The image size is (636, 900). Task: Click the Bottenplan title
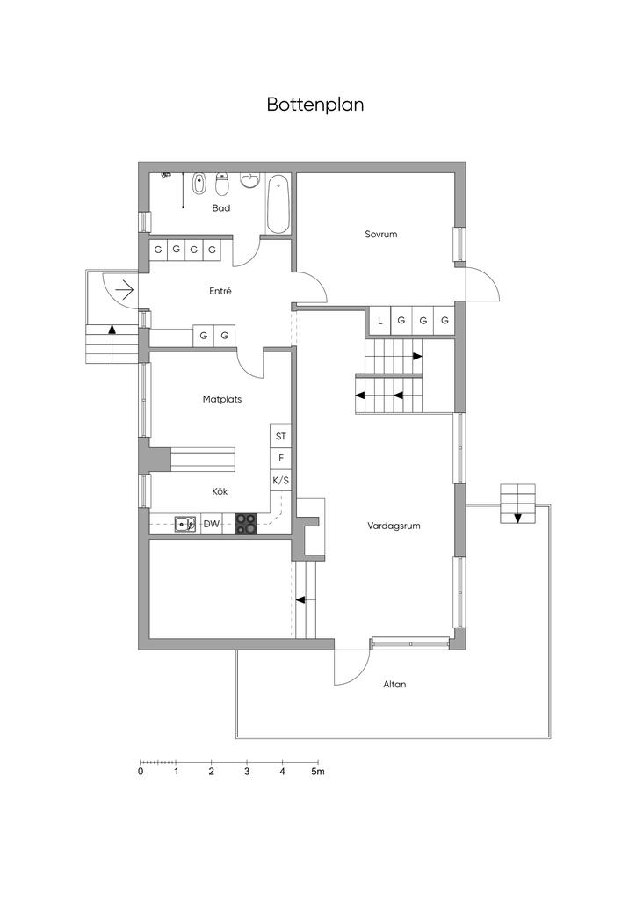coord(314,105)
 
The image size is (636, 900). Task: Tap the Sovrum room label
coord(380,234)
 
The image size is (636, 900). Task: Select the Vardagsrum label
coord(394,526)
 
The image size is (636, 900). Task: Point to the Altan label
coord(394,684)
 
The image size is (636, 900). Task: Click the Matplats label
coord(222,399)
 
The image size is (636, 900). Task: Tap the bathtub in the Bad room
coord(278,204)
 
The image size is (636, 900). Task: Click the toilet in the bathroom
coord(222,184)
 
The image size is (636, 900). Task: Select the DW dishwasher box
coord(212,524)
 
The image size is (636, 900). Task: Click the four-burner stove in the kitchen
coord(247,524)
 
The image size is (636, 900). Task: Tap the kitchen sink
coord(185,524)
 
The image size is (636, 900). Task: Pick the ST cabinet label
coord(280,436)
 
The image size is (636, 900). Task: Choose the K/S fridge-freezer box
coord(280,481)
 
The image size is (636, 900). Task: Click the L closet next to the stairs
coord(379,321)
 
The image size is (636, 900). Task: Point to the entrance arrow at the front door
coord(125,290)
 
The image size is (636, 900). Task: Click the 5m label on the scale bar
coord(318,772)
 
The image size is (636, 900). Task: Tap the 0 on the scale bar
coord(141,772)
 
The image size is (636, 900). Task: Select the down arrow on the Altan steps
coord(518,518)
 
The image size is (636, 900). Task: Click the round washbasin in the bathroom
coord(250,181)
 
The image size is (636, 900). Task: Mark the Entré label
coord(220,291)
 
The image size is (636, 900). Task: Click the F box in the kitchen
coord(280,458)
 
